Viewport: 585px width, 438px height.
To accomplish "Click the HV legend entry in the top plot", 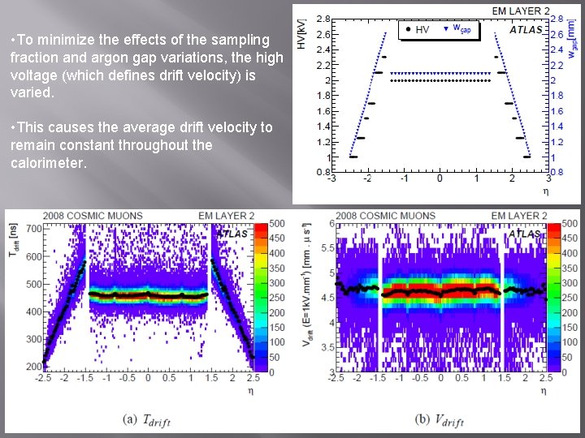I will click(x=417, y=30).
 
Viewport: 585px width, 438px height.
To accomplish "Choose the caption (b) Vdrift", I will click(x=438, y=420).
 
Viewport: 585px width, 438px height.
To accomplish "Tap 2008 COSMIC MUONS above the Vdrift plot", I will click(x=385, y=216).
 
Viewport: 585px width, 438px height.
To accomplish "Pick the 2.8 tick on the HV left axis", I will click(x=323, y=19).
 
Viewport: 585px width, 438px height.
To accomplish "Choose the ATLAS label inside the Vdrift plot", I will click(x=526, y=234).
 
